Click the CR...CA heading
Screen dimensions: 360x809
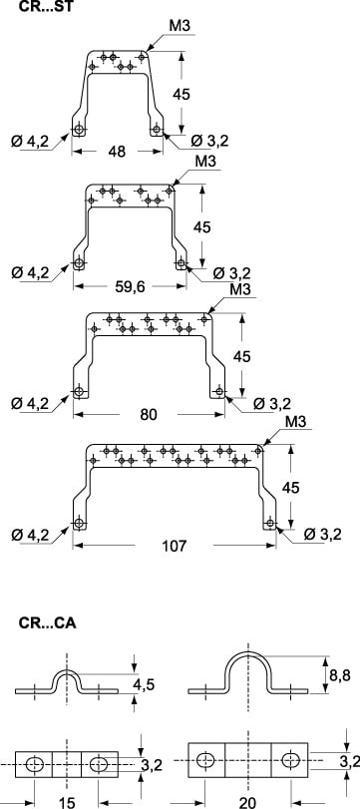click(48, 622)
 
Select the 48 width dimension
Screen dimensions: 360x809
click(117, 152)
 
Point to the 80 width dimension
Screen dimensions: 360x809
click(149, 414)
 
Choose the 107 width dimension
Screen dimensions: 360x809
click(175, 546)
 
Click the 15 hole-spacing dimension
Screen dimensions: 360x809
click(67, 803)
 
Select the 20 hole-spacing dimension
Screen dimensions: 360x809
click(248, 803)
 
